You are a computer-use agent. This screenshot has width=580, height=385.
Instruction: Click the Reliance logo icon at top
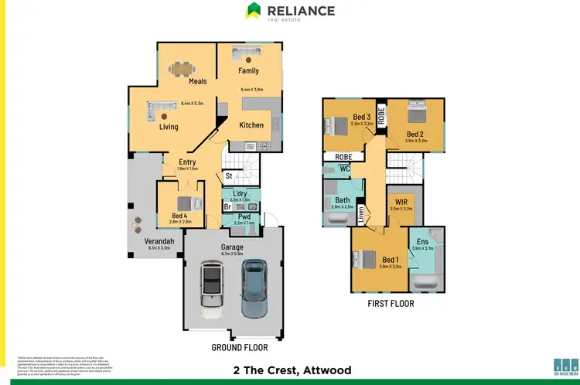coord(254,11)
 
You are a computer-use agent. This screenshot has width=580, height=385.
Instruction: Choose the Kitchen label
coord(251,125)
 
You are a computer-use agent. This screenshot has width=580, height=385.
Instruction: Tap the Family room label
coord(249,71)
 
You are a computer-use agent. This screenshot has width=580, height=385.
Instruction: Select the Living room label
coord(168,127)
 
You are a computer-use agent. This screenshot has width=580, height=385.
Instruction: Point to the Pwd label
coord(244,216)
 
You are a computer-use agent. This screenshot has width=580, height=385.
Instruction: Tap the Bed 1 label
coord(392,259)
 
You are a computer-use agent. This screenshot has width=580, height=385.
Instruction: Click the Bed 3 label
coord(362,117)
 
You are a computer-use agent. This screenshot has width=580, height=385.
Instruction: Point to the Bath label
coord(343,200)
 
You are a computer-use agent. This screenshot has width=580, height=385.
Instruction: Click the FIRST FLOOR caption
coord(390,304)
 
